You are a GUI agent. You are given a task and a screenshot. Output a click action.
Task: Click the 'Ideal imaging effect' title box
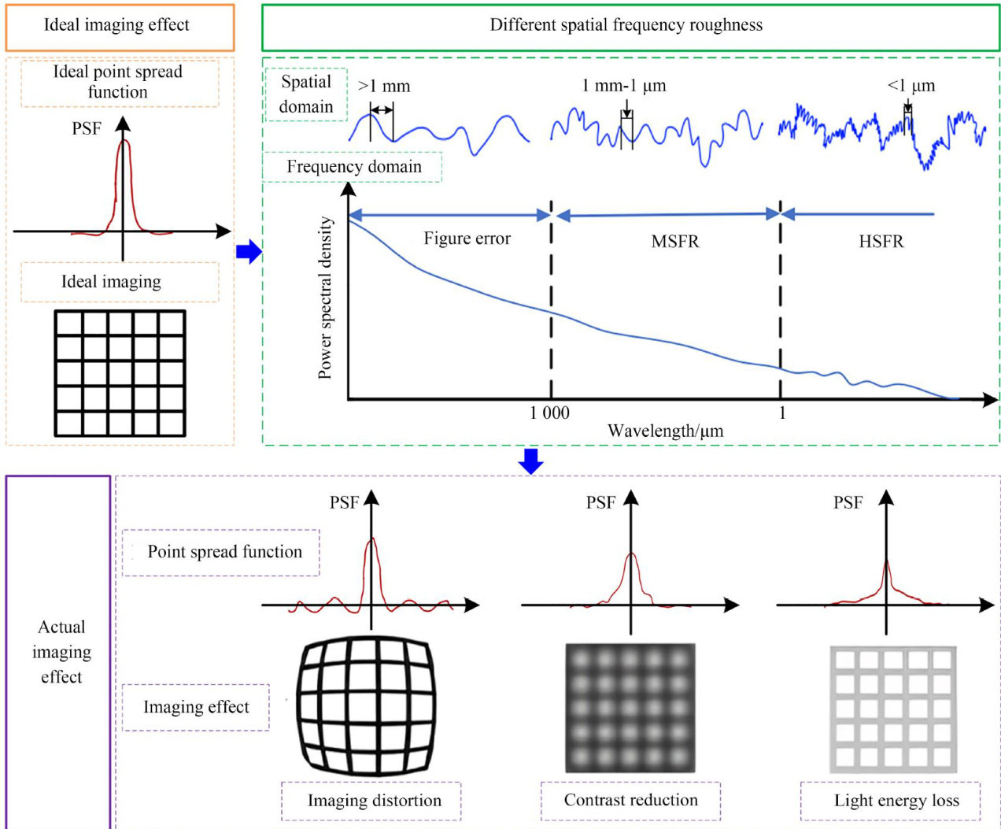[120, 26]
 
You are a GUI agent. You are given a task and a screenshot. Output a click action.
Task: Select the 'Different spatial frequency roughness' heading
[627, 26]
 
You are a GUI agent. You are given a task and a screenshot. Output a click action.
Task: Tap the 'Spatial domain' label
[306, 94]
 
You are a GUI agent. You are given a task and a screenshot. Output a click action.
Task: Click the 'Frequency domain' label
[353, 167]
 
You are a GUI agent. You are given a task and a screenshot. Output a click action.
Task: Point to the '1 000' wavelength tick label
[549, 413]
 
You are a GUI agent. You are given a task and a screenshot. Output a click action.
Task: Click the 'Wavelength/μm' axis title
[665, 431]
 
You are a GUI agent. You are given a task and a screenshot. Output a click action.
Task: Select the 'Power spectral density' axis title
[325, 298]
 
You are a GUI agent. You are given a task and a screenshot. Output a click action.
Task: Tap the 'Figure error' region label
[467, 239]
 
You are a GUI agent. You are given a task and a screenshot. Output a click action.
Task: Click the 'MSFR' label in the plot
[674, 242]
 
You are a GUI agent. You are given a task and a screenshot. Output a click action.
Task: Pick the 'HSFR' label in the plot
[881, 242]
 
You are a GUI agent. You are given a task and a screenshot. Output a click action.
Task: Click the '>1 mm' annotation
[384, 87]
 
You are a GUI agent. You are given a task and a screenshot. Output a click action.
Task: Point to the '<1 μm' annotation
[911, 86]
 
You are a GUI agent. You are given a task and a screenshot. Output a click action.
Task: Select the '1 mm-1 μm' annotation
[624, 86]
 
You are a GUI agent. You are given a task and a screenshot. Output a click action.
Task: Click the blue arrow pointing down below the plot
[531, 461]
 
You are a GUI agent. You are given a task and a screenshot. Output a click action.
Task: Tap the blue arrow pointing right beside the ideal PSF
[248, 252]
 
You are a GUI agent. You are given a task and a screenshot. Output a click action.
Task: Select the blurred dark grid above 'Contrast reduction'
[630, 708]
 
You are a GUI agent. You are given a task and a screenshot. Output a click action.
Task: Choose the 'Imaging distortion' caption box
[374, 801]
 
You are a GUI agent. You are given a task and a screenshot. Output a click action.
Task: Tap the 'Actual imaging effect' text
[61, 652]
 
